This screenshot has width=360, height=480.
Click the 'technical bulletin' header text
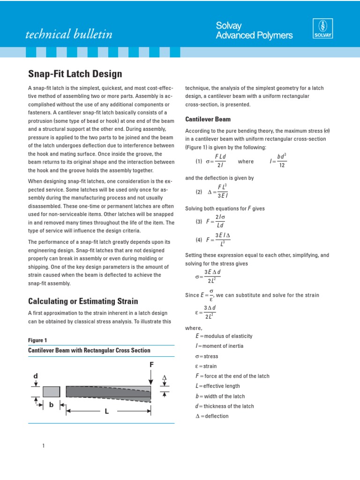[x=68, y=34]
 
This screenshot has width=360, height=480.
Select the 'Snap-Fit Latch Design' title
[x=75, y=74]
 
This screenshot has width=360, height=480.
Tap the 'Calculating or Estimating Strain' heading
[x=83, y=300]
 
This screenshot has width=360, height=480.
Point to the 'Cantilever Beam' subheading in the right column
[x=208, y=119]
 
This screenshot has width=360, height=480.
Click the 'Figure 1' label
[x=37, y=340]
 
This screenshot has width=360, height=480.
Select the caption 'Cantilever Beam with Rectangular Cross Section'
[x=90, y=350]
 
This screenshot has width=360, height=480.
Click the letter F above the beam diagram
[x=151, y=364]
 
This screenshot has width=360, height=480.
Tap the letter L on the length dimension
[x=106, y=412]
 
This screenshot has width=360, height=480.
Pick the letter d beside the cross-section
[x=35, y=376]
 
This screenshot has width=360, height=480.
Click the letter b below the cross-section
[x=51, y=405]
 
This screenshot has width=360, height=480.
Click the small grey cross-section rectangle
[x=51, y=391]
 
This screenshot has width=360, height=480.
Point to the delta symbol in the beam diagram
[x=164, y=377]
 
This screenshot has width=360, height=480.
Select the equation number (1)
[x=199, y=161]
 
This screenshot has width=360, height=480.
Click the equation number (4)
[x=199, y=240]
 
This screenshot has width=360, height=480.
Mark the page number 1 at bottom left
[x=43, y=445]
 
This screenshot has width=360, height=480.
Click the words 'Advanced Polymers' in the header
[x=254, y=36]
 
